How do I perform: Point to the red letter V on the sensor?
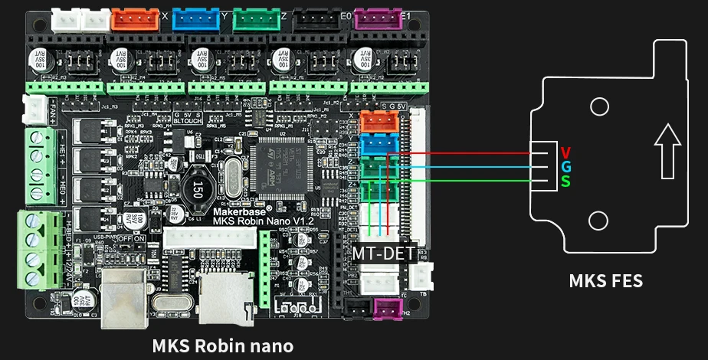(x=565, y=152)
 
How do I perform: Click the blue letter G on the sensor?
(x=565, y=166)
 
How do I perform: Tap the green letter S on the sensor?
(x=565, y=182)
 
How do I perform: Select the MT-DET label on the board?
(x=383, y=253)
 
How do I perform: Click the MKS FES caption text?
(x=605, y=281)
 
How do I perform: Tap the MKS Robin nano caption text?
(x=222, y=345)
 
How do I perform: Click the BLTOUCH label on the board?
(x=188, y=120)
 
